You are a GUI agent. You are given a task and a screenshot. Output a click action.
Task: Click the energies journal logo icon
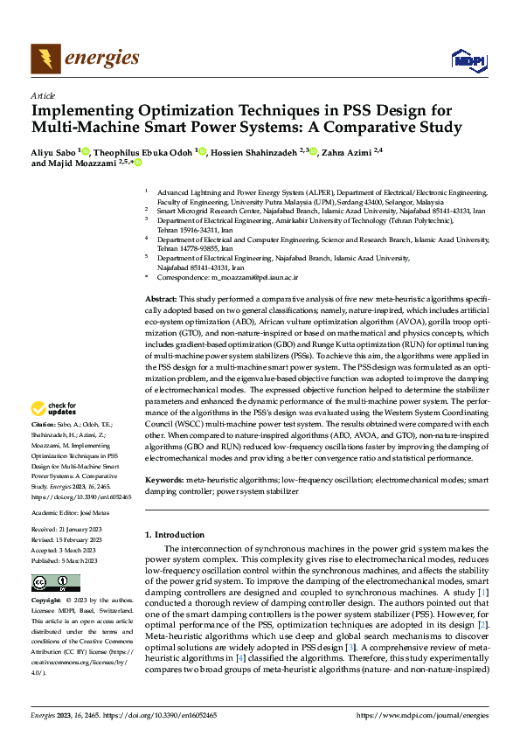click(44, 59)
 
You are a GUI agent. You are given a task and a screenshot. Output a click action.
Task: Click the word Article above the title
click(43, 95)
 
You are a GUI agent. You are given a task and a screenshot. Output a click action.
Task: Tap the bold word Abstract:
click(163, 299)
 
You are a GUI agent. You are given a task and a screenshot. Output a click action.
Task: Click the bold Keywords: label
click(164, 481)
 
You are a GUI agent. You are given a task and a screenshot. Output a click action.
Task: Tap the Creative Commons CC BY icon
click(56, 583)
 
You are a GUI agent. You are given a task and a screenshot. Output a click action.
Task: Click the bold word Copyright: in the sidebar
click(47, 601)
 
